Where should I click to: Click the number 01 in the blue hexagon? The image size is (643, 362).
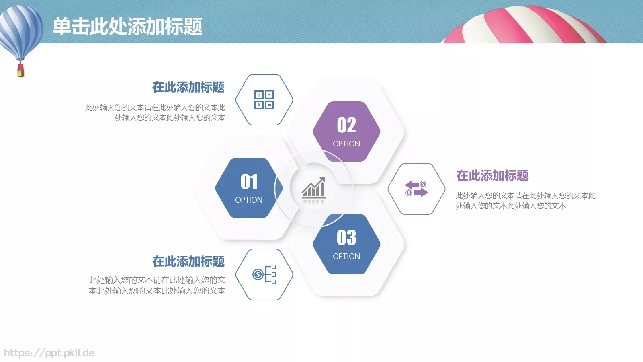coord(249,182)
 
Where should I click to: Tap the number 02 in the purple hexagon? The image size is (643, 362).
coord(346,125)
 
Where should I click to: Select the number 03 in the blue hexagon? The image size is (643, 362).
coord(346,238)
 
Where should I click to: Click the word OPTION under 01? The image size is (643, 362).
coord(249,200)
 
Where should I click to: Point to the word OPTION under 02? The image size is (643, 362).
coord(346,144)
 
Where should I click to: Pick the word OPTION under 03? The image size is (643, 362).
coord(346,256)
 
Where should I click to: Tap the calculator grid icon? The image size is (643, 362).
coord(264,100)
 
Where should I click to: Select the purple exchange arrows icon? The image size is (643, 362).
coord(416,189)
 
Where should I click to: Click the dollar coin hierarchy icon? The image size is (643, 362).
coord(264,274)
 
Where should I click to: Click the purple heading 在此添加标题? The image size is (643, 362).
coord(492,176)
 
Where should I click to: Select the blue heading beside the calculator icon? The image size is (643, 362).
coord(188,87)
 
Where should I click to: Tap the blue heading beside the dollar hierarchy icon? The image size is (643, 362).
coord(188,262)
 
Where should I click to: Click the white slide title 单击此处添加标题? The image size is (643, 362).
coord(127,27)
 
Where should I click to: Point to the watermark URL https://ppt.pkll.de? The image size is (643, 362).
coord(49,353)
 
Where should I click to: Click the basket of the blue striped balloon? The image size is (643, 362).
coord(20,71)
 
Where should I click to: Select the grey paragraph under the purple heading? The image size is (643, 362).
coord(525,201)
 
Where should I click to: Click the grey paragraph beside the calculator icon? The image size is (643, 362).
coord(155,113)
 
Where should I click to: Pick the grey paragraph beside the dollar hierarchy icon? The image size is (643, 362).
coord(157,285)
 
